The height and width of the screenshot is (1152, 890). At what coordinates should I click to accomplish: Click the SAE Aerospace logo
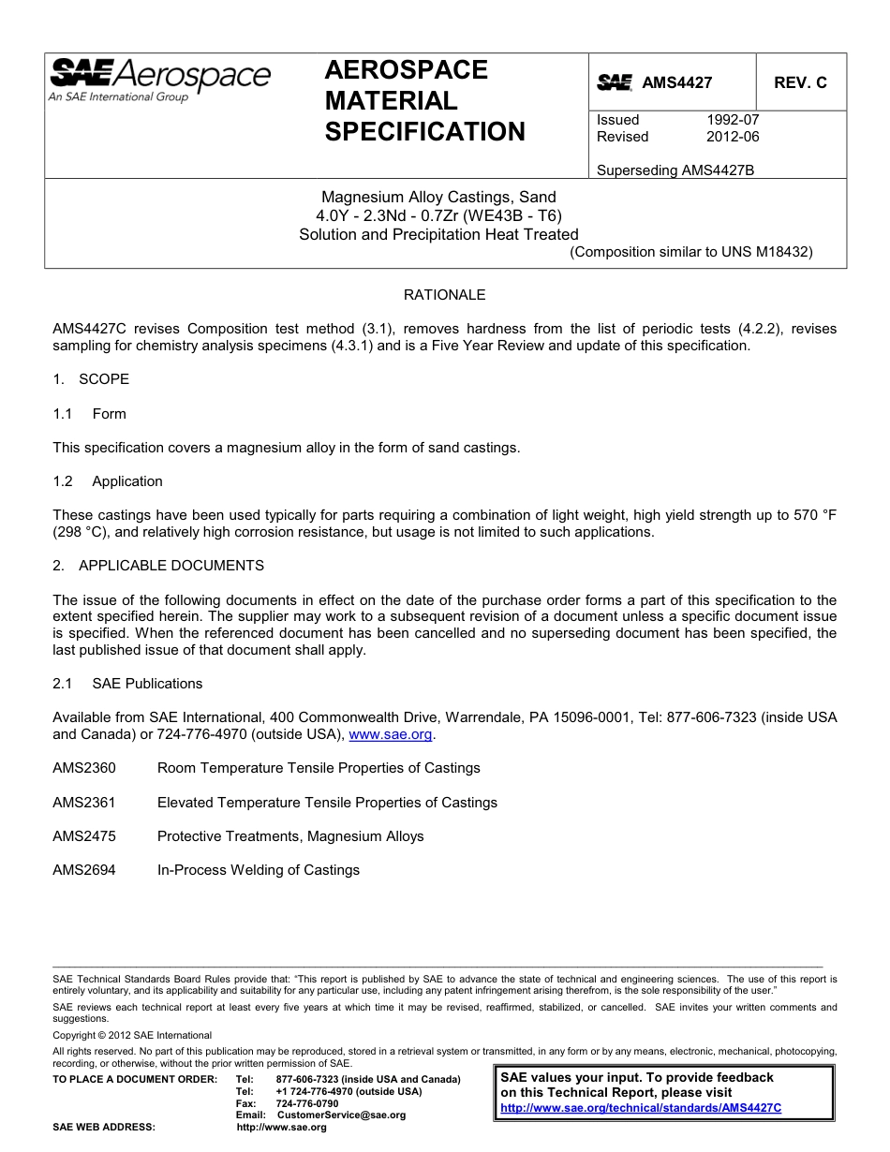pos(159,80)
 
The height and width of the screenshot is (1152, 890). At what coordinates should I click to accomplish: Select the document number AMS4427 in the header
pos(676,82)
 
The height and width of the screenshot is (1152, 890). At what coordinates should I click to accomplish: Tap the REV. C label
pos(800,82)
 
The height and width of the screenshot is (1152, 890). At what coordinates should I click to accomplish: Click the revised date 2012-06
pos(733,137)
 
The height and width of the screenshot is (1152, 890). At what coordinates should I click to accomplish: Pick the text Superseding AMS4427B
pos(675,170)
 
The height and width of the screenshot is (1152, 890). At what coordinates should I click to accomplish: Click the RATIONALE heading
pos(444,295)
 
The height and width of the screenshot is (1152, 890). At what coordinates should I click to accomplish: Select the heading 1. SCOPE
pos(91,379)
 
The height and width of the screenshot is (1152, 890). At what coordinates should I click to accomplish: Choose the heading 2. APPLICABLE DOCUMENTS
pos(158,566)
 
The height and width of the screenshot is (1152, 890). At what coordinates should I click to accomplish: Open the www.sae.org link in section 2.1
pos(391,735)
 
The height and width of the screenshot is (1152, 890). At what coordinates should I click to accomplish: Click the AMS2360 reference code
pos(84,768)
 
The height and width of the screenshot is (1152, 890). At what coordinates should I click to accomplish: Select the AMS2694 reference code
pos(84,870)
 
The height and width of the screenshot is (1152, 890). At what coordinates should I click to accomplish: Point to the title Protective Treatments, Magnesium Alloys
pos(290,836)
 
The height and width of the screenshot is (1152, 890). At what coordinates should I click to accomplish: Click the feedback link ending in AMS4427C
pos(641,1108)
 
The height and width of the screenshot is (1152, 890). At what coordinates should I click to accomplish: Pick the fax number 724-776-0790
pos(307,1103)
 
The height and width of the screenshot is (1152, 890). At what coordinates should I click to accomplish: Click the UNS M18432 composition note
pos(691,252)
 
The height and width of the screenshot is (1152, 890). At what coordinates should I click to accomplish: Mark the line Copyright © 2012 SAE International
pos(132,1035)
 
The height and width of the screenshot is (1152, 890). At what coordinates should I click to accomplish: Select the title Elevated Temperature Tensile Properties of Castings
pos(327,803)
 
